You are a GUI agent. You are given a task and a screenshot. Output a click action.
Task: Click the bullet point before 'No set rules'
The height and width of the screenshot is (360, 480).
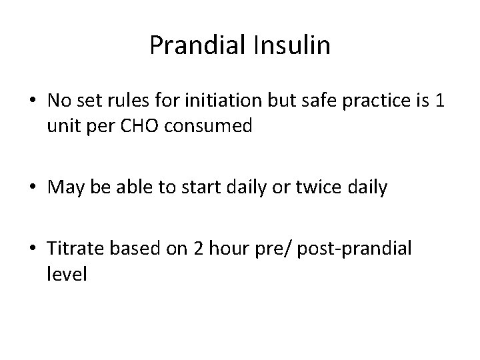(38, 101)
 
